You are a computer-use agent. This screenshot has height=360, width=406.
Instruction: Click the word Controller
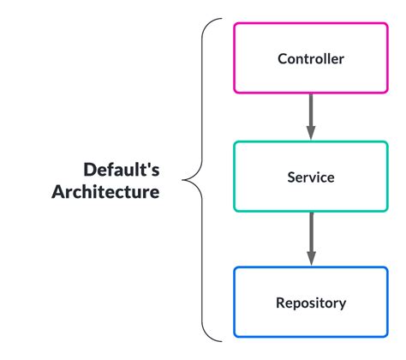pyautogui.click(x=311, y=59)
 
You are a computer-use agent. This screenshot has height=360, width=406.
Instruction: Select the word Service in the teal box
pyautogui.click(x=311, y=178)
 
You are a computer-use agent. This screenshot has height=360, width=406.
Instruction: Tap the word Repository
pyautogui.click(x=311, y=303)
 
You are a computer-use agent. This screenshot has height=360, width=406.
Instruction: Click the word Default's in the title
pyautogui.click(x=121, y=169)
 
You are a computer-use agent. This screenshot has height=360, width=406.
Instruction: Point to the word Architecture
pyautogui.click(x=105, y=192)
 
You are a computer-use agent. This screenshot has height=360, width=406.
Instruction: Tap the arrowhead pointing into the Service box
pyautogui.click(x=311, y=132)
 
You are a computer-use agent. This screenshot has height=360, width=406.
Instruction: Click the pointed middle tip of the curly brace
pyautogui.click(x=184, y=179)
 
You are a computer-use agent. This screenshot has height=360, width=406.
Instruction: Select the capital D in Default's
pyautogui.click(x=89, y=169)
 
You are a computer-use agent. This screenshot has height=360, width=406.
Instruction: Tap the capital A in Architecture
pyautogui.click(x=58, y=192)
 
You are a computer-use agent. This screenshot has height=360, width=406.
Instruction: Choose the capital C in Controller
pyautogui.click(x=283, y=59)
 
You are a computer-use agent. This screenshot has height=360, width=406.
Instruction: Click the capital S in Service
pyautogui.click(x=291, y=178)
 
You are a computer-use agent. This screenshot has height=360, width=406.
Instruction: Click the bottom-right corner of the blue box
pyautogui.click(x=387, y=335)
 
